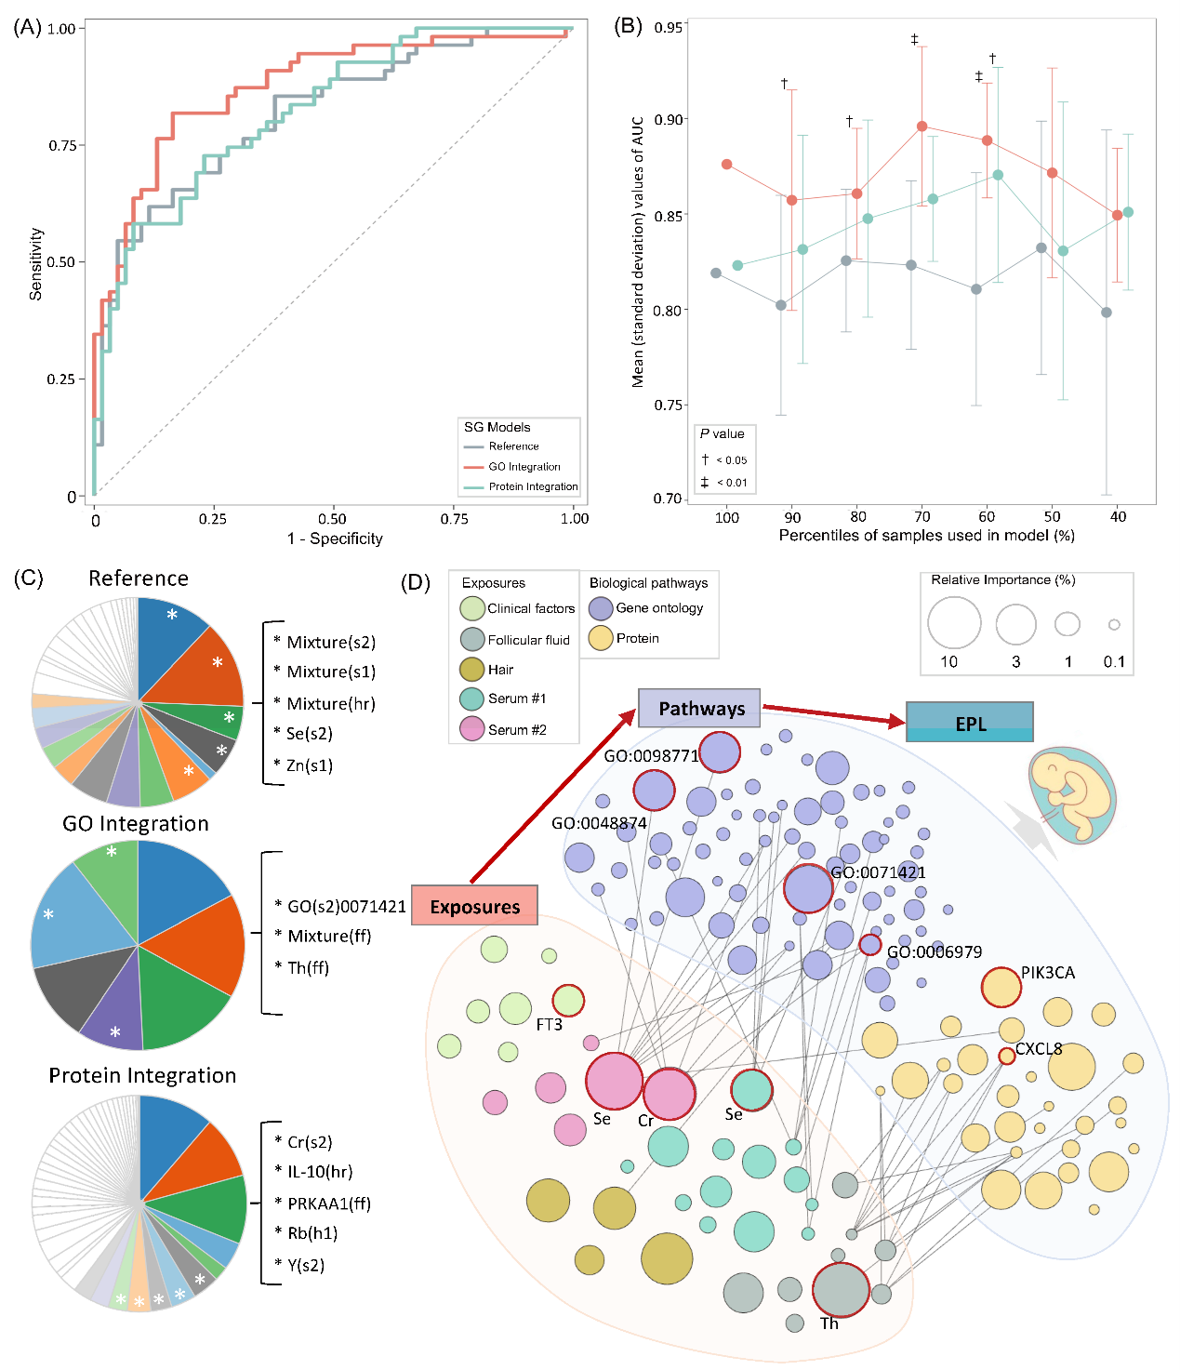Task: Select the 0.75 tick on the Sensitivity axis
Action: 62,145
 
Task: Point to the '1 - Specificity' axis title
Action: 335,539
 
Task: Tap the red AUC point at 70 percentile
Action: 922,126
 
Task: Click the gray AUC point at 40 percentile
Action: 1107,313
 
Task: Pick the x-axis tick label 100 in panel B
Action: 727,517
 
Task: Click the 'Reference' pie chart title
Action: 139,579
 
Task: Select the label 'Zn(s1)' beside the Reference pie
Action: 309,765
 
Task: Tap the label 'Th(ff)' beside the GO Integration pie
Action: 308,968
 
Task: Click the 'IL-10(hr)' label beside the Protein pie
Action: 320,1172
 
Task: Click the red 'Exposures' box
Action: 474,906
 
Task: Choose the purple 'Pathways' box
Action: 699,709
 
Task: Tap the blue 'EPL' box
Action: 970,723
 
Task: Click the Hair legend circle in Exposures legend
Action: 472,670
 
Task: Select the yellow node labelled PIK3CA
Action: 1001,988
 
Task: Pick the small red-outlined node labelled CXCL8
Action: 1006,1056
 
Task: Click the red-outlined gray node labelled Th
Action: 841,1290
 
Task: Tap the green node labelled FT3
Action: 568,1001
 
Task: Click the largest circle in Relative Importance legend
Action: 954,622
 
